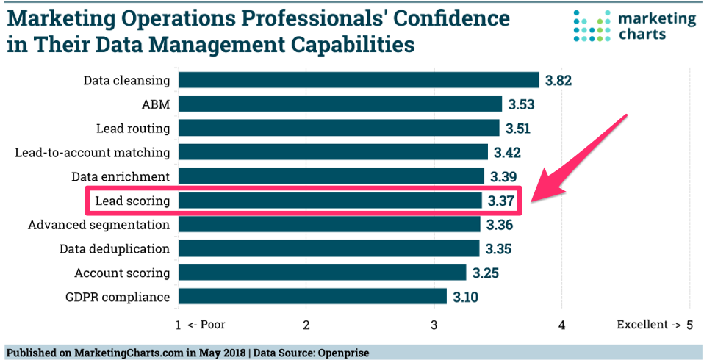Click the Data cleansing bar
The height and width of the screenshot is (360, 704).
(359, 80)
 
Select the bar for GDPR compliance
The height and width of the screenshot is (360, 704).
(312, 297)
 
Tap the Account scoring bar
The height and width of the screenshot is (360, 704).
(322, 273)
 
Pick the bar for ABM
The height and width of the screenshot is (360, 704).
(340, 104)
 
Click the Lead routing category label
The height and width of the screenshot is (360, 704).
(133, 129)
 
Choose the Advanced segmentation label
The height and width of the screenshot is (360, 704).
(98, 225)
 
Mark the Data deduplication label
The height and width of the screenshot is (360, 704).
(115, 249)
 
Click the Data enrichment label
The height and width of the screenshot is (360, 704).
(121, 176)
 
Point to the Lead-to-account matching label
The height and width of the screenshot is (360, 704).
(93, 153)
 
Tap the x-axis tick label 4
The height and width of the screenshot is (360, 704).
(562, 325)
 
